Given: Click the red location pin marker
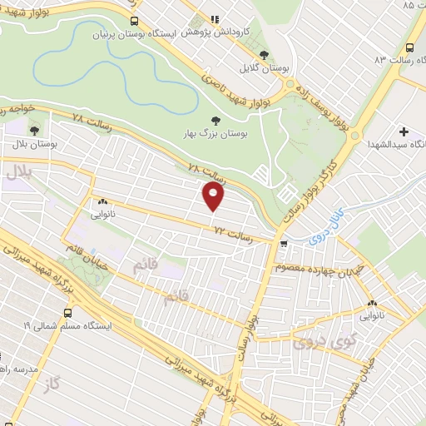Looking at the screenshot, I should coord(214,196).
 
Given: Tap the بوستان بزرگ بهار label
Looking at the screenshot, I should coord(215,133).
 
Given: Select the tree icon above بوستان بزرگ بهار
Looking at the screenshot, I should coord(216,120).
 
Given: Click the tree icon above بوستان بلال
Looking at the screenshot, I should coord(34,131).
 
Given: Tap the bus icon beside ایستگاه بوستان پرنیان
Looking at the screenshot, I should coord(135,20).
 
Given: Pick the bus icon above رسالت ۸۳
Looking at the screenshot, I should coord(411,47).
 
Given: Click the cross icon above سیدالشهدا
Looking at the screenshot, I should coord(404,131).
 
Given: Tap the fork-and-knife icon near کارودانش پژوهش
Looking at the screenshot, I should coord(214,19).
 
